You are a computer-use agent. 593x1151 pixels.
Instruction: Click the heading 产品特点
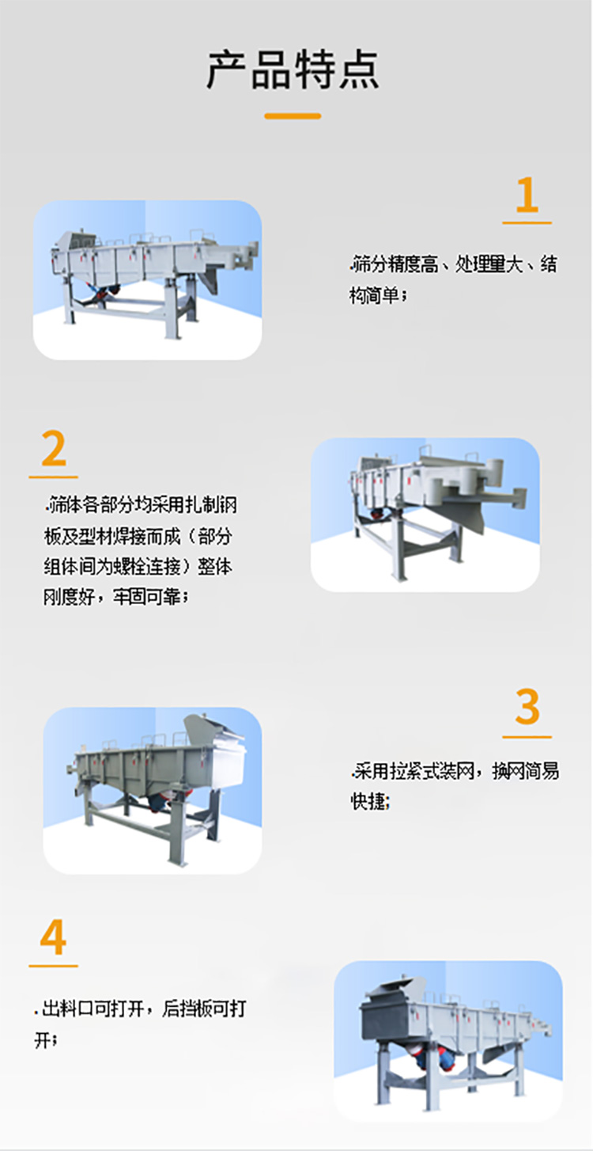coord(293,70)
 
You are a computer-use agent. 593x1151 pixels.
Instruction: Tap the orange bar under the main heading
coord(293,116)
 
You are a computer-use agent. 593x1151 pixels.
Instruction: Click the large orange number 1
coord(527,196)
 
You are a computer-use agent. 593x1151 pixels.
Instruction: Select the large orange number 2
coord(53,449)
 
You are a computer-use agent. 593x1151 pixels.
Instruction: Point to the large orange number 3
coord(527,708)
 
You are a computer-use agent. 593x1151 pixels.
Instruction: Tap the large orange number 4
coord(53,938)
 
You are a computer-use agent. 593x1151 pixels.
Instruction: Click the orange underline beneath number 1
coord(527,223)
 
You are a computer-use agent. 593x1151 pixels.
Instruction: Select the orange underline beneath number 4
coord(53,966)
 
